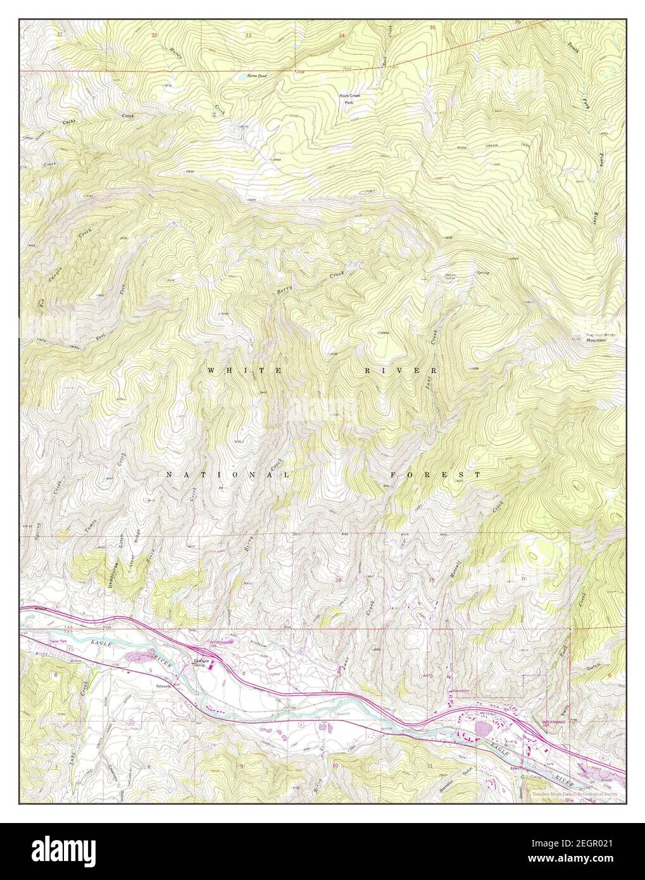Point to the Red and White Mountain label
592,337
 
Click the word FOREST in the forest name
435,474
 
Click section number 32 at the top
154,35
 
